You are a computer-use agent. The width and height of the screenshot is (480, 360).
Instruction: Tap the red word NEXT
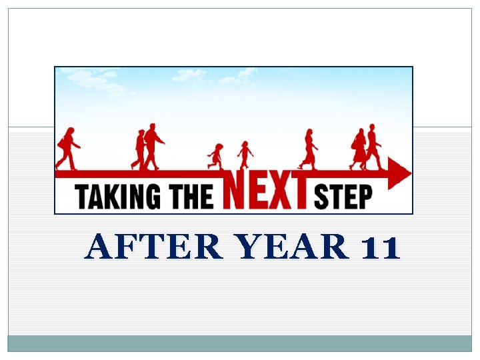(267, 190)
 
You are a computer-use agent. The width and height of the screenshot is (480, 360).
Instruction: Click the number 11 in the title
(379, 248)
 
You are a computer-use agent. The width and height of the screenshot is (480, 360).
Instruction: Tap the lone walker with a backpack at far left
(67, 148)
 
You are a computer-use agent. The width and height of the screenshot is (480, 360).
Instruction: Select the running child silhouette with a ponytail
(215, 155)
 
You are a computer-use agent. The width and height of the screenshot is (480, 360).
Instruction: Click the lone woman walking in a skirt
(309, 148)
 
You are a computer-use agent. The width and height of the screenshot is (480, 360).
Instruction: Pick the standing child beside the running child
(245, 153)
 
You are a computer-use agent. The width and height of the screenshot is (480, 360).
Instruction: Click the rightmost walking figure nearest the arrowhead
(373, 145)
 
